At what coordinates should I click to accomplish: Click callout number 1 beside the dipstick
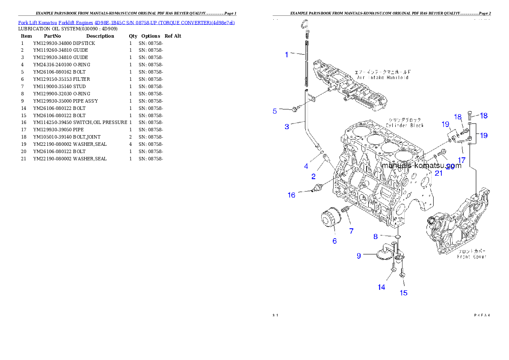click(287, 54)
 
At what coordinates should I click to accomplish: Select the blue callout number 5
click(275, 111)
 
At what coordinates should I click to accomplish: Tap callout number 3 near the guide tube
click(287, 127)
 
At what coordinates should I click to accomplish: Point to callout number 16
click(291, 195)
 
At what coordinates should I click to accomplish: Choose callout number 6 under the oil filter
click(334, 241)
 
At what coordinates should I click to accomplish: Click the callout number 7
click(351, 231)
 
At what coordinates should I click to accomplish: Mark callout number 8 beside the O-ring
click(376, 236)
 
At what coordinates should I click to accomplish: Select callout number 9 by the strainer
click(359, 256)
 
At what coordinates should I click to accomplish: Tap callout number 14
click(381, 287)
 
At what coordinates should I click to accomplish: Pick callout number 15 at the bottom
click(403, 293)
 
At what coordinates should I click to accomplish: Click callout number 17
click(462, 160)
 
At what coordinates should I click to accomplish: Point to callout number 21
click(438, 173)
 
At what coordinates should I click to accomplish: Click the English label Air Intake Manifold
click(383, 78)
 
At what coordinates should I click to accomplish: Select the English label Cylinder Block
click(405, 125)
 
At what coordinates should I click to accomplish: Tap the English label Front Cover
click(472, 257)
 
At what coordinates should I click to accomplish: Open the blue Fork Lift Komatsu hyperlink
click(126, 22)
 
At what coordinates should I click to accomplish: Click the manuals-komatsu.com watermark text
click(421, 165)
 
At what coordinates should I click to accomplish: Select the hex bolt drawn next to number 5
click(295, 110)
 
